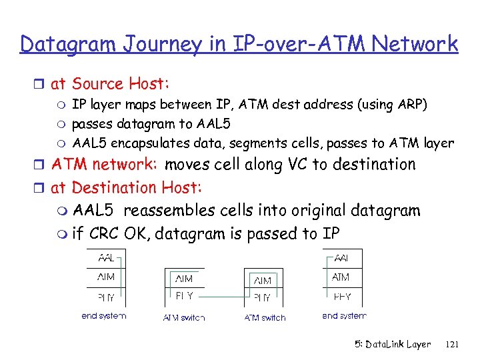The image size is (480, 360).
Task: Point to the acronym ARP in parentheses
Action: [x=413, y=105]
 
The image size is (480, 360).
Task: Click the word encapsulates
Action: [x=143, y=143]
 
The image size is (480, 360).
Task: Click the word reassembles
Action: [x=169, y=211]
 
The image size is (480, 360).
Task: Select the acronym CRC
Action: [x=103, y=234]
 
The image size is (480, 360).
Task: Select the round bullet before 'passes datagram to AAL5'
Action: [x=60, y=124]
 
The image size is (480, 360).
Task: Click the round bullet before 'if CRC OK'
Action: [x=61, y=235]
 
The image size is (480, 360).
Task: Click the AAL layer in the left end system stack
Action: [x=106, y=258]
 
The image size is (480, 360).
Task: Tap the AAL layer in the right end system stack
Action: [x=341, y=258]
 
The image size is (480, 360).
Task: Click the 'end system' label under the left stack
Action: [x=103, y=316]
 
